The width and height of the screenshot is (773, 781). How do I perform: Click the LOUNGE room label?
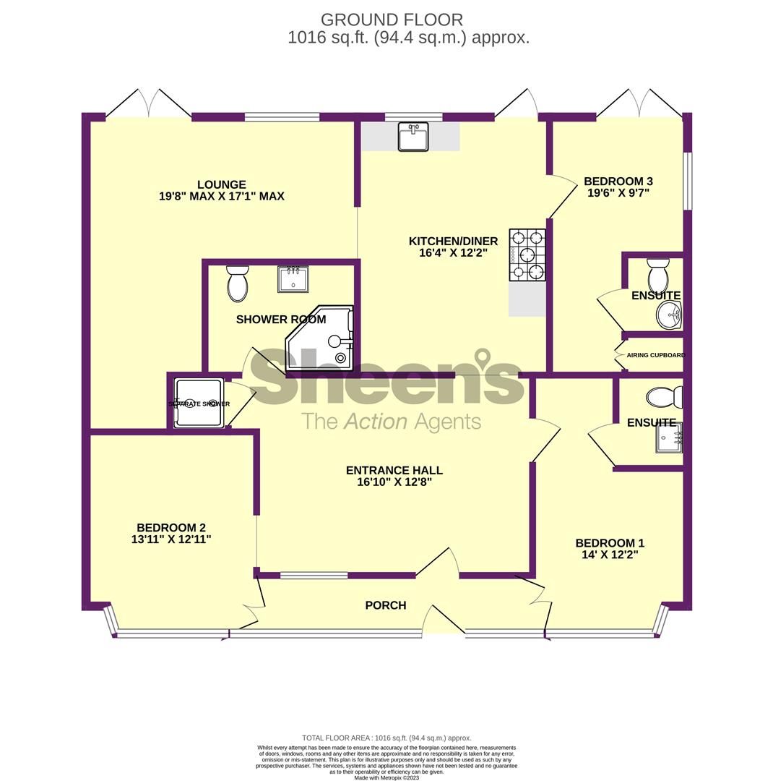[221, 184]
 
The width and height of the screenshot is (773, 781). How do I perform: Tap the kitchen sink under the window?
[413, 136]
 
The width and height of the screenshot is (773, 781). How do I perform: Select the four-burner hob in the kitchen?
[527, 255]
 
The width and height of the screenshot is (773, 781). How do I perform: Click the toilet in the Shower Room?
[237, 283]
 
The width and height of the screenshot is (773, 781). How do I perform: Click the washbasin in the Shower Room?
[293, 279]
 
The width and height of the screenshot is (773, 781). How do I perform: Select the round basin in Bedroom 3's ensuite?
[669, 315]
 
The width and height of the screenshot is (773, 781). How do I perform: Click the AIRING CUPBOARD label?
[655, 355]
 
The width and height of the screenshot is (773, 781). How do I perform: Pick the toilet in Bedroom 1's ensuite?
[664, 397]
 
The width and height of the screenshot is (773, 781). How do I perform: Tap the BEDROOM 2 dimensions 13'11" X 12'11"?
[171, 539]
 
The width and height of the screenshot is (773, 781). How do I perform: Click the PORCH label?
[386, 605]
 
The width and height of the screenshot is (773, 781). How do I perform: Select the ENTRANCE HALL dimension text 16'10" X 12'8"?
[394, 482]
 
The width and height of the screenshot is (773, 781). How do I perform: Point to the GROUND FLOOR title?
[392, 20]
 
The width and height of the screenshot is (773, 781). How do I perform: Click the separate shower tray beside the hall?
[199, 404]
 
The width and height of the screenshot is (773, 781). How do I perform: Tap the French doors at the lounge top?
[149, 106]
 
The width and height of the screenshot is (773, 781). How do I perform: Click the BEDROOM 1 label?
[610, 543]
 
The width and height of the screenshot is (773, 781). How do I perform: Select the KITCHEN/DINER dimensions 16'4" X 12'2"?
[453, 253]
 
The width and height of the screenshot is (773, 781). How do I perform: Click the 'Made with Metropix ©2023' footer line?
[386, 777]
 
